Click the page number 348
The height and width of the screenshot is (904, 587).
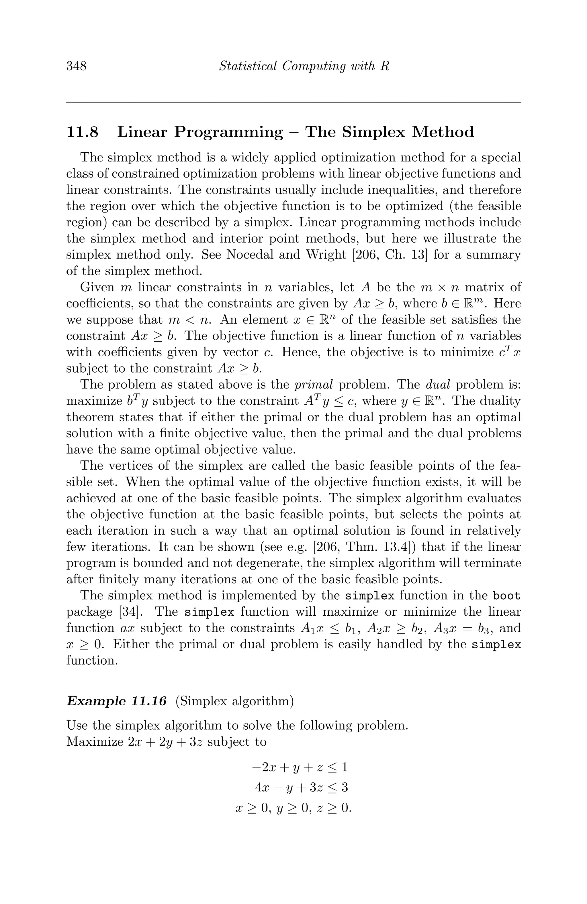point(77,66)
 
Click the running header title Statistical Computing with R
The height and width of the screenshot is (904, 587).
point(304,66)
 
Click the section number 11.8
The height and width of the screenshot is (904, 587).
point(82,132)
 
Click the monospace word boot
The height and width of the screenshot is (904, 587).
point(506,596)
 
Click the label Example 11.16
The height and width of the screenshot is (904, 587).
point(116,701)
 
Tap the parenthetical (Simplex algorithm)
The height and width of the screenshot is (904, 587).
point(234,701)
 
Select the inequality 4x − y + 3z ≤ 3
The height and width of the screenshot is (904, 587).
point(301,787)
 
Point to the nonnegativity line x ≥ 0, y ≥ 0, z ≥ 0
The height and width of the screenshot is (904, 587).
point(293,808)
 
